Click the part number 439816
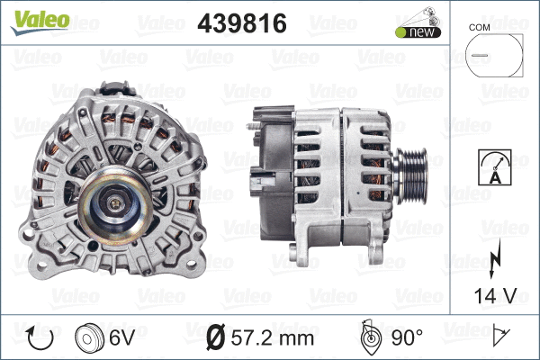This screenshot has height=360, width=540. point(241,24)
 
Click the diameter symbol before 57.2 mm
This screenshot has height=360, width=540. point(216,338)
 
